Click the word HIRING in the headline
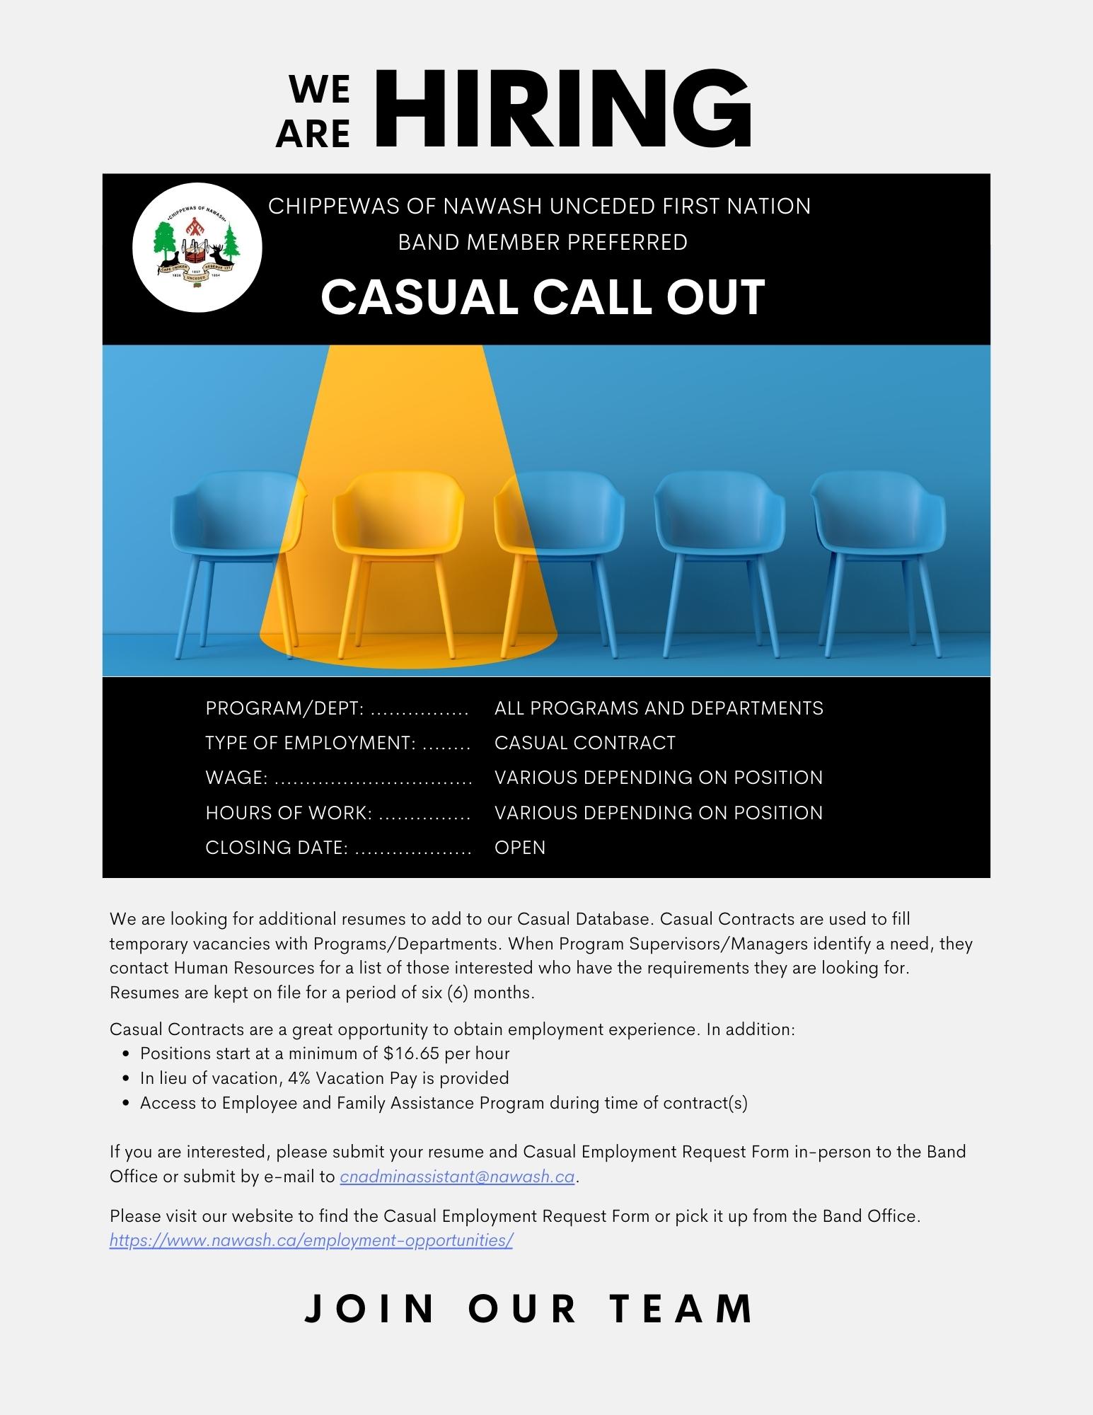tap(562, 110)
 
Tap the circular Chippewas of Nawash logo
tap(197, 248)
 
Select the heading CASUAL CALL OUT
tap(543, 296)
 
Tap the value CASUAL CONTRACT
tap(585, 743)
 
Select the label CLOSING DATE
tap(277, 848)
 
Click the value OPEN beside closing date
tap(520, 848)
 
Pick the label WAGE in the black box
tap(236, 778)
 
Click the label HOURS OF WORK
tap(289, 813)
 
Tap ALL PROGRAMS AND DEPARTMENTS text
tap(659, 708)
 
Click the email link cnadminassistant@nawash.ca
tap(457, 1177)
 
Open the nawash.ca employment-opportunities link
tap(311, 1240)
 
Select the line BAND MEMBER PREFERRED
tap(543, 242)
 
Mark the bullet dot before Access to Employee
tap(126, 1103)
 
